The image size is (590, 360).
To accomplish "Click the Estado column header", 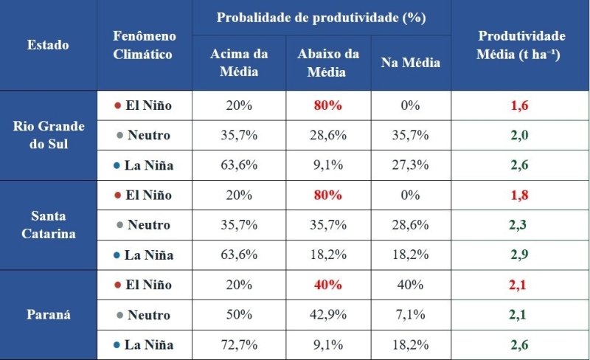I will pos(48,45).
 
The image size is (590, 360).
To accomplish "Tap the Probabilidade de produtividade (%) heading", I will pos(322,18).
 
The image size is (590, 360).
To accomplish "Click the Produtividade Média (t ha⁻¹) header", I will pos(521,45).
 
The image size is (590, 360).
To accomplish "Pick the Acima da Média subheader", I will pos(239,63).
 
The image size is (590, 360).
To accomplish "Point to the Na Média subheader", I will pos(410,63).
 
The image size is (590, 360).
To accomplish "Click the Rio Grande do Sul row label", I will pos(49,135).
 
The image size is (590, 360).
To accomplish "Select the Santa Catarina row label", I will pos(49,225).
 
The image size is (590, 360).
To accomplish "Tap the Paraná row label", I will pos(49,315).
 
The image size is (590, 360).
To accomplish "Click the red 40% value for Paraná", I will pos(328,285).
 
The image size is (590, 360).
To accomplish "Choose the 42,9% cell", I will pos(328,315).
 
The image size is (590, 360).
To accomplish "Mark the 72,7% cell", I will pos(239,345).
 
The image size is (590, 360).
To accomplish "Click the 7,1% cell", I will pos(410,315).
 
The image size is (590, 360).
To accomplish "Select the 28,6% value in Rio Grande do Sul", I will pos(328,135).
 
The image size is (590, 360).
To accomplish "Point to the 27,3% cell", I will pos(410,165).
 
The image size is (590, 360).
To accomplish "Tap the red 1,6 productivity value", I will pos(520,105).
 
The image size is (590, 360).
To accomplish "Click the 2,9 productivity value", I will pos(520,255).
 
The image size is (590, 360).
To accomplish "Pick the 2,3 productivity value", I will pos(520,225).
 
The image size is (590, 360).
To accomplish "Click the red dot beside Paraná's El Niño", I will pos(117,285).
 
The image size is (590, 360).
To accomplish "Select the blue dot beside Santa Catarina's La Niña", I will pos(117,255).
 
